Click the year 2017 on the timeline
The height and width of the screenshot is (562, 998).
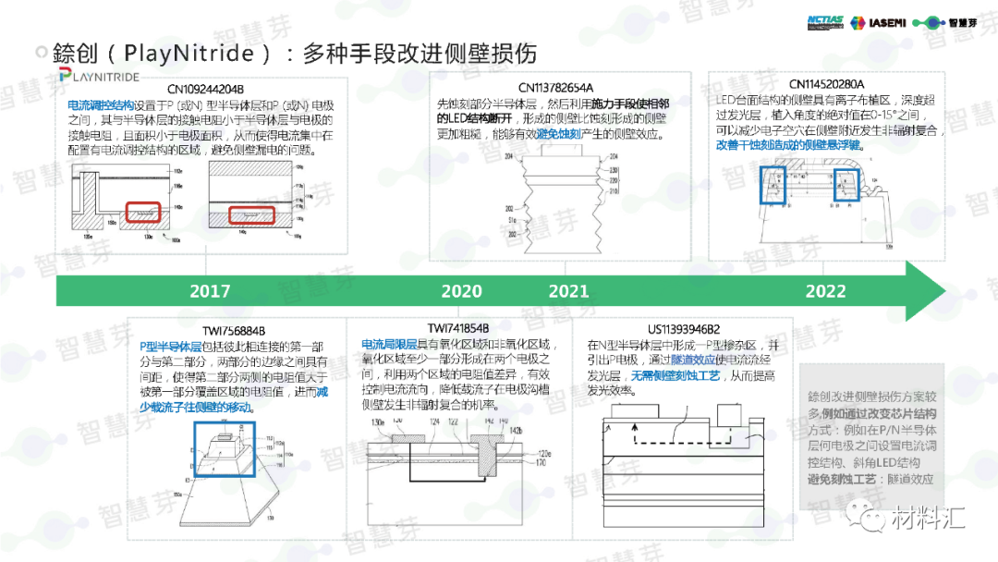[x=210, y=291]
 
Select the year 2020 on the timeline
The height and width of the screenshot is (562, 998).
[x=461, y=291]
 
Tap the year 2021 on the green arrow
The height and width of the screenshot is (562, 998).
[x=568, y=291]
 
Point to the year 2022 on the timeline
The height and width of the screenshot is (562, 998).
[x=825, y=291]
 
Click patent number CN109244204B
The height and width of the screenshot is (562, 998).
[x=205, y=90]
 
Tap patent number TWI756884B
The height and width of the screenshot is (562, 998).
[x=234, y=330]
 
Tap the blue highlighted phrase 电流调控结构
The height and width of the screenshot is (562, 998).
[x=101, y=105]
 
